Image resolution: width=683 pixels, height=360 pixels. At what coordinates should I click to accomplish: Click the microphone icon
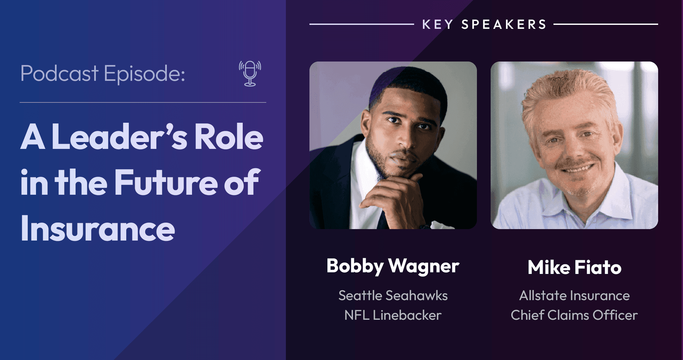250,74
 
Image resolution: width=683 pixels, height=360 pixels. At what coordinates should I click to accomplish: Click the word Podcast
59,73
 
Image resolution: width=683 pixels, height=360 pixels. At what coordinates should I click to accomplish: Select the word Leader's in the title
120,136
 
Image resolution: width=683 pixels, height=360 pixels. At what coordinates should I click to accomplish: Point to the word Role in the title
229,136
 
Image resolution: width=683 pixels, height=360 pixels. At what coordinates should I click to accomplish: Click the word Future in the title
166,182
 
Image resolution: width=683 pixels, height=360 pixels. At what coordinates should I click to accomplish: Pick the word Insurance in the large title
98,228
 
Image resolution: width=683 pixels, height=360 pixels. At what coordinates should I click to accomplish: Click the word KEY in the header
438,24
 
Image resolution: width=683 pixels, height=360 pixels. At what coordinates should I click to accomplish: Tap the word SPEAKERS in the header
504,24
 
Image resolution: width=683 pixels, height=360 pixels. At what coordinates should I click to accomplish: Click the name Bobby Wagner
393,266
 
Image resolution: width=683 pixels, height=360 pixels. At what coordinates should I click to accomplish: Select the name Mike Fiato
574,267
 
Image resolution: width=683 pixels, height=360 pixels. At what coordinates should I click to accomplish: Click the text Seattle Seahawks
393,296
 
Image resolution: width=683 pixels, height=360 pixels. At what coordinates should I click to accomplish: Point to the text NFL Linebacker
393,315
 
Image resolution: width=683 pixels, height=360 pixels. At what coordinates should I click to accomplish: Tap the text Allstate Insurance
574,296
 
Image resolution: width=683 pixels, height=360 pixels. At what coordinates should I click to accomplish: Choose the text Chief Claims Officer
574,315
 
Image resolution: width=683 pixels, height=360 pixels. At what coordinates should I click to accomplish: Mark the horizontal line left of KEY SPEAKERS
362,24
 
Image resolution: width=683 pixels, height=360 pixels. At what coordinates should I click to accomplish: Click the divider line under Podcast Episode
143,102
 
